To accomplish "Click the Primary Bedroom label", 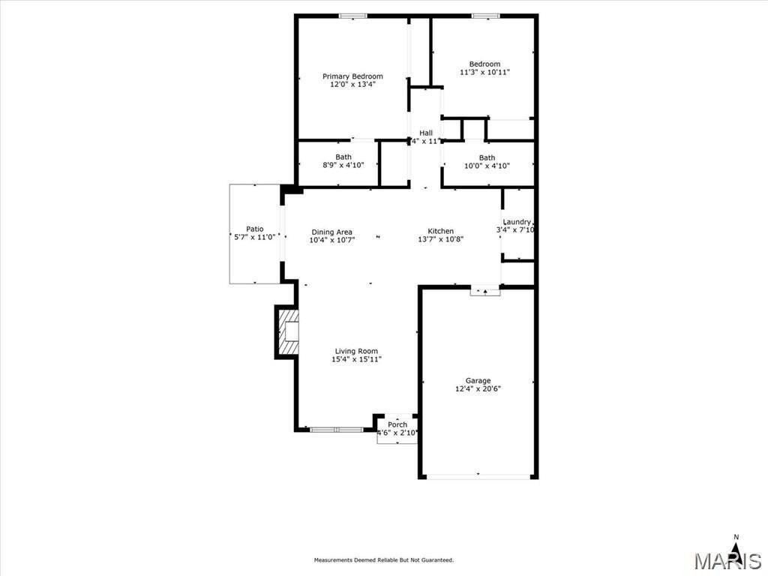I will coord(352,76).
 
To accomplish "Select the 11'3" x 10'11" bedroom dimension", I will coord(484,73).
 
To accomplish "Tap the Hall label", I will coord(426,133).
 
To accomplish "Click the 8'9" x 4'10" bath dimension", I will coord(343,165).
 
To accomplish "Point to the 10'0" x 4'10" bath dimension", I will coord(487,166).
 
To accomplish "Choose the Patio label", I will coord(255,229).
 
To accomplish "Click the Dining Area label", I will coord(331,232).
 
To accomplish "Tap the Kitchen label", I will coord(440,231).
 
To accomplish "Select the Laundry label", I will coord(517,221).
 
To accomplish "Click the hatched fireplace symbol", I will coord(288,332).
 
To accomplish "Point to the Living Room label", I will coord(356,351).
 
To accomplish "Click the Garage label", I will coord(478,380).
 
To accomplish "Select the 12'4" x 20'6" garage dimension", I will coord(478,388).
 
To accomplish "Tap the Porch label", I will coord(397,424).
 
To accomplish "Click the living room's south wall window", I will coord(336,430).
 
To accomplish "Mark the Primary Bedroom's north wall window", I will coord(352,16).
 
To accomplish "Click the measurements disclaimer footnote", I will coord(383,559).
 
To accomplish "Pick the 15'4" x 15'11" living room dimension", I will coord(356,359).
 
